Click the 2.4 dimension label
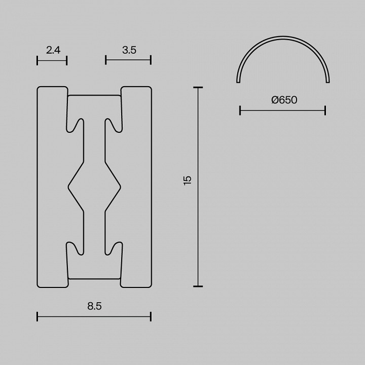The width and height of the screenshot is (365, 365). (53, 50)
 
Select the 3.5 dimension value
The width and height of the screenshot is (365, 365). (129, 50)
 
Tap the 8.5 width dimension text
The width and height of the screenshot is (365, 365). (94, 306)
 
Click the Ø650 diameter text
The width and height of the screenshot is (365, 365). (284, 100)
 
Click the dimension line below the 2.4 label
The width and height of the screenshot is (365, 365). (52, 61)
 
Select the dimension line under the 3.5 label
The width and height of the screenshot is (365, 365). (128, 61)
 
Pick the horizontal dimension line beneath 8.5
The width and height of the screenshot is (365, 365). (94, 317)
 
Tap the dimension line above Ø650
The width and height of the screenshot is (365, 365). (282, 110)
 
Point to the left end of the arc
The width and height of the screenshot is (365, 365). (238, 81)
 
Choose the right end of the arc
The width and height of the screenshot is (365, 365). (329, 81)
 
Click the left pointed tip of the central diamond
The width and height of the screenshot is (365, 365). (68, 187)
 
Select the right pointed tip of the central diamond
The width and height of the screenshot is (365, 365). (121, 187)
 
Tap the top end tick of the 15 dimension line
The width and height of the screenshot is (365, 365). (198, 88)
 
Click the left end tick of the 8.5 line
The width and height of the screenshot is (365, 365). (38, 317)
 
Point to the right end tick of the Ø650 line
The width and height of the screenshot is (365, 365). (325, 110)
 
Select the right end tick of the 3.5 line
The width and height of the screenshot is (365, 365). (151, 61)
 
